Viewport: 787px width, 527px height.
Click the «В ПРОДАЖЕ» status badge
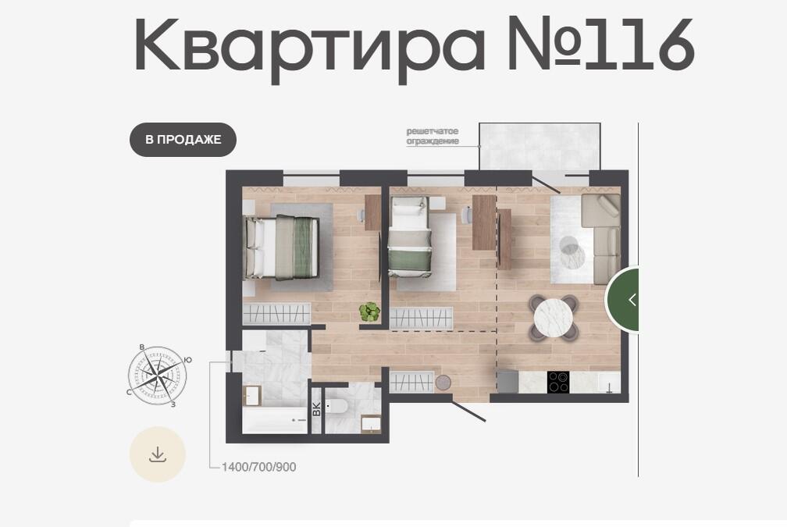click(183, 140)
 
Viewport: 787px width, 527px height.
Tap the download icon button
click(158, 454)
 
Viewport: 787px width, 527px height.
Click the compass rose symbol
click(158, 375)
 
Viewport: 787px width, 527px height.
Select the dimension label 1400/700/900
click(259, 467)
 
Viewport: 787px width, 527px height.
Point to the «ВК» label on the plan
click(317, 409)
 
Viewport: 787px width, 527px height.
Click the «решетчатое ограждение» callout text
click(433, 136)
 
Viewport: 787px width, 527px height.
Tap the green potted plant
click(370, 312)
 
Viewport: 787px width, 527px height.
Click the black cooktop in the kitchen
click(557, 382)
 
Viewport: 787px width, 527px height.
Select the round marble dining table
click(553, 317)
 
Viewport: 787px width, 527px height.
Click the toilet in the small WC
click(336, 405)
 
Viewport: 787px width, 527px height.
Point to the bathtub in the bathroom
click(275, 419)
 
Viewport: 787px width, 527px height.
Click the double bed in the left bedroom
click(281, 247)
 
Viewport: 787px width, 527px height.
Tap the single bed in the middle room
click(410, 237)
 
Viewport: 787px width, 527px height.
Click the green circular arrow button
click(622, 300)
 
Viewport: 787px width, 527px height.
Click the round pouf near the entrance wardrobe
click(443, 383)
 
